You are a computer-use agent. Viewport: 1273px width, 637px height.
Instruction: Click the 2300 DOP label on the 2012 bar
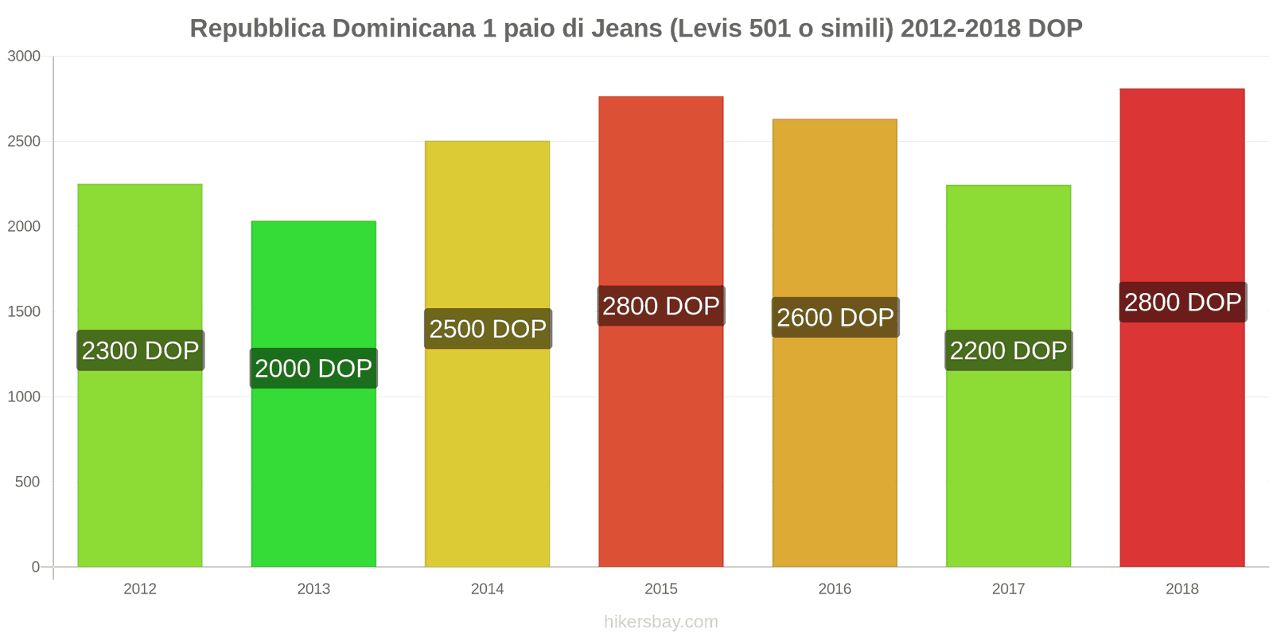140,350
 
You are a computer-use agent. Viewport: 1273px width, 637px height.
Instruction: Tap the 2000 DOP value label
313,368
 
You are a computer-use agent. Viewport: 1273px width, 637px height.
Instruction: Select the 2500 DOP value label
488,328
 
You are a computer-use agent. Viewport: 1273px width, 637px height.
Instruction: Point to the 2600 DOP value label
835,317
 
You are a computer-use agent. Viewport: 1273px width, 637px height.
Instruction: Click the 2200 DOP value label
1008,350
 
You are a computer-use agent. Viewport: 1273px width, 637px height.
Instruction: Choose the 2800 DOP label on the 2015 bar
660,306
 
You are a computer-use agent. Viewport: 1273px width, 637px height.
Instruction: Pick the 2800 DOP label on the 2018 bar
1182,302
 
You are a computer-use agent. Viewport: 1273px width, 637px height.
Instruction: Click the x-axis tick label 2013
313,588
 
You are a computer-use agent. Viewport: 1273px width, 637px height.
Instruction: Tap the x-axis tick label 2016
835,588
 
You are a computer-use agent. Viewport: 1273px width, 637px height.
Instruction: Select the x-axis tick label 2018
1182,588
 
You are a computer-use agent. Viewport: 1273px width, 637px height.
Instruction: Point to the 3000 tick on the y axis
24,57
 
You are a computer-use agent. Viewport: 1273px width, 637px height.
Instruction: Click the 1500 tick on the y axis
24,312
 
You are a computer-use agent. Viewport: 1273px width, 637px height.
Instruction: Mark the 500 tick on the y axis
27,482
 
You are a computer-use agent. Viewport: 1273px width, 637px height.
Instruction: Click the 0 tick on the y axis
35,567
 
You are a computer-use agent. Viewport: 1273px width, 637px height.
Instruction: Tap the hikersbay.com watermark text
660,622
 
